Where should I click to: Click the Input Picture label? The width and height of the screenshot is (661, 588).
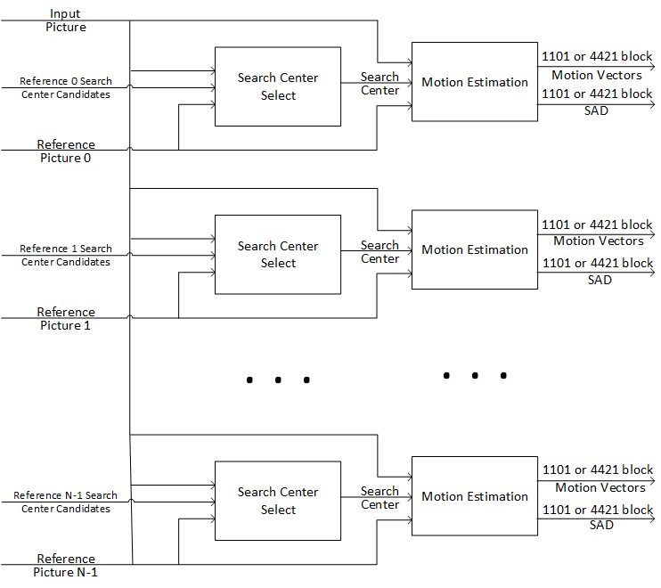66,20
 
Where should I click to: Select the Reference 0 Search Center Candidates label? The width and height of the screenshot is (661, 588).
66,87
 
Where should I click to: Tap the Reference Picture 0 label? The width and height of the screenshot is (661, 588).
66,151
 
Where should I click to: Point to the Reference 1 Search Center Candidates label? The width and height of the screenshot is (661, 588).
66,255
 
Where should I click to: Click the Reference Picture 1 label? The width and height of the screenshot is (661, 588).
66,319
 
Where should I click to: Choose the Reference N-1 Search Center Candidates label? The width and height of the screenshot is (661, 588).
66,502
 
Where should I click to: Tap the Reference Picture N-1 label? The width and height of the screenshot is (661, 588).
66,566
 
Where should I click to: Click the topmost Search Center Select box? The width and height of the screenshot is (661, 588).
278,86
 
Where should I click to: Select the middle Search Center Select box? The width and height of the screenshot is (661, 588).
278,254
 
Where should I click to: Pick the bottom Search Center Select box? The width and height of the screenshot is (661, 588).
278,501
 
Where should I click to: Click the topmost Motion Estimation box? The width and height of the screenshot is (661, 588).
474,82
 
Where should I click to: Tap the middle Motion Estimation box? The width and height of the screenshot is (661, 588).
474,249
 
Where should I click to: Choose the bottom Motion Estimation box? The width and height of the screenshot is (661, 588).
474,496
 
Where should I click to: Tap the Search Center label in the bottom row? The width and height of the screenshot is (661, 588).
379,498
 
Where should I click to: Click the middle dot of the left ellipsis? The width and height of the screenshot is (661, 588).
278,380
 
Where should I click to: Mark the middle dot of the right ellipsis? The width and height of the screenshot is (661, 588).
475,375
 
